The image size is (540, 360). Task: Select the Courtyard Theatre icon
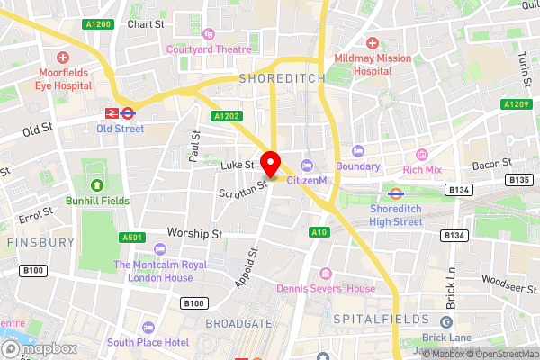[209, 35]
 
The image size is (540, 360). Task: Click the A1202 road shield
[227, 116]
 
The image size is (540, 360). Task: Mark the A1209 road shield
[517, 104]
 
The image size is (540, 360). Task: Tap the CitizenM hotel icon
[306, 166]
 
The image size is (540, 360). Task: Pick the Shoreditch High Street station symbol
[394, 192]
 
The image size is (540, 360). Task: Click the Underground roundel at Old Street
[128, 113]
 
